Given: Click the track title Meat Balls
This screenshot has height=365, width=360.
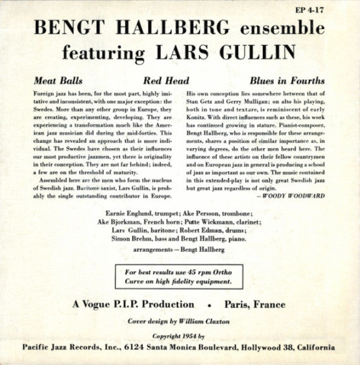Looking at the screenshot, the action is [x=54, y=81].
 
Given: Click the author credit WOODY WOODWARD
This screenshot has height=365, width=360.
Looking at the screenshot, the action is [x=295, y=196].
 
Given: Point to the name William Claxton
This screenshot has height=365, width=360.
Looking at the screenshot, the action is [x=208, y=321].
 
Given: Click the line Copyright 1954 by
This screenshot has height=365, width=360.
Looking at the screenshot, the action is [x=180, y=338].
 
